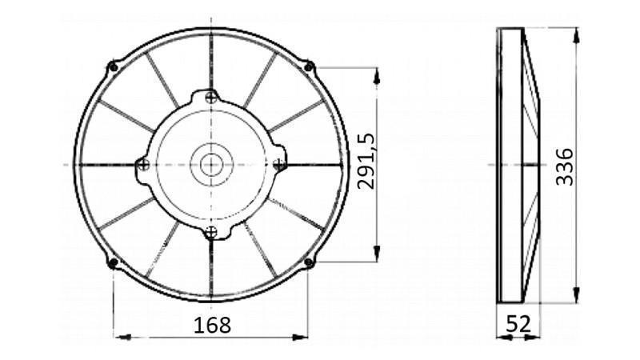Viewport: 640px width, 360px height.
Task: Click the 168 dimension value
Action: pos(212,326)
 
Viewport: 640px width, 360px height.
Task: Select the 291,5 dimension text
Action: pos(366,162)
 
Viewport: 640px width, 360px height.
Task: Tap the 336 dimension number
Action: pos(565,167)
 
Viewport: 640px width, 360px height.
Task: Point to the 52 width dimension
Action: pos(518,324)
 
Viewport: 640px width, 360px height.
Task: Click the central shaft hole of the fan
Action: pos(211,165)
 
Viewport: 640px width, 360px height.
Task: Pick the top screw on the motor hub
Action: pos(211,98)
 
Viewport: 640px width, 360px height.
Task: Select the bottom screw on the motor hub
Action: pos(210,232)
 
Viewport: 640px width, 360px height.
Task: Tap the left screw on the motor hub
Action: pos(143,165)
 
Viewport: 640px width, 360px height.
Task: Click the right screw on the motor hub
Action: pos(278,165)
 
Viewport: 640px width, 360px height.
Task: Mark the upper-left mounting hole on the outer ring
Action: pos(113,66)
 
